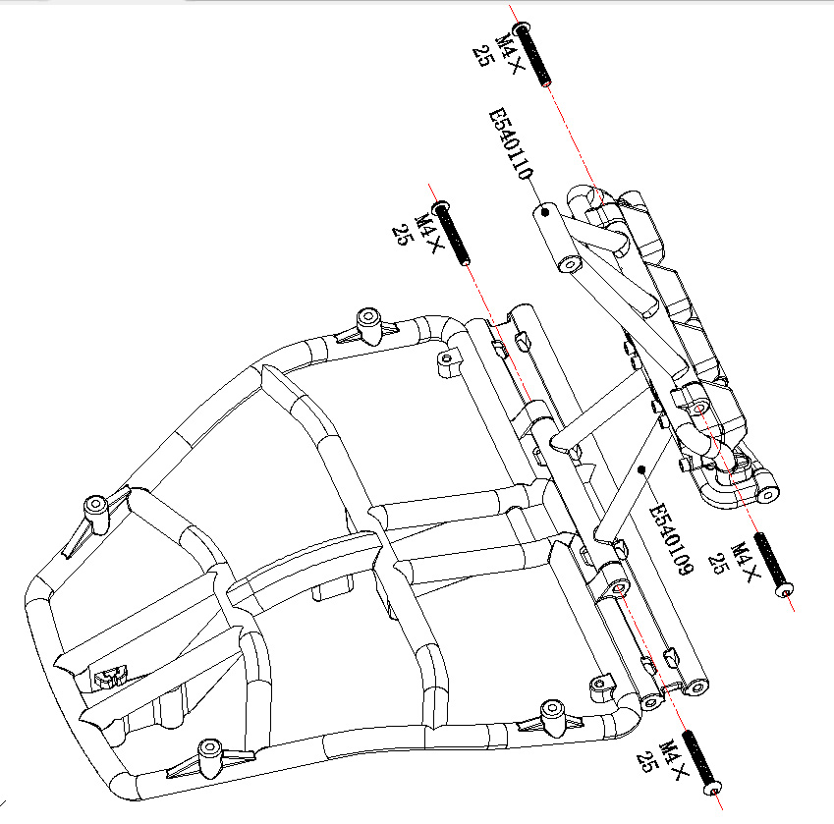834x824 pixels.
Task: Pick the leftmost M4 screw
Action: pyautogui.click(x=452, y=233)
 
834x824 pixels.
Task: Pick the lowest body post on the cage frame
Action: pyautogui.click(x=208, y=754)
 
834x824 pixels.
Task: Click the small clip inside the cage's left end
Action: pyautogui.click(x=110, y=676)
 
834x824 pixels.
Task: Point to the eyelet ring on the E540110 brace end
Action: pyautogui.click(x=569, y=264)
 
